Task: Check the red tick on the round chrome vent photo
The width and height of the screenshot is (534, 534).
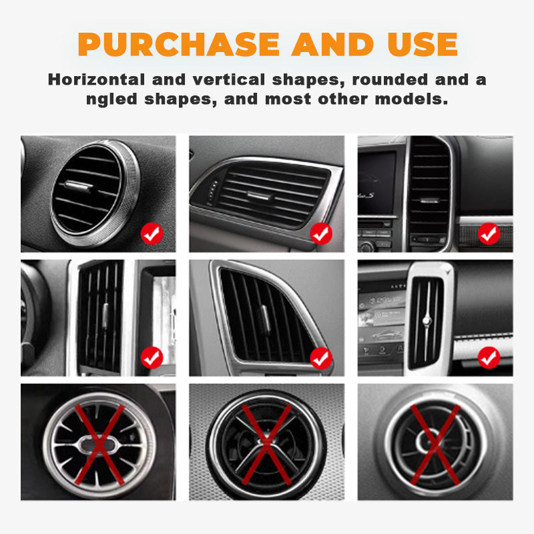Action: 152,234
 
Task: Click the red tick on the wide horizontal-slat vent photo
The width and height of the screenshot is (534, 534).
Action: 322,234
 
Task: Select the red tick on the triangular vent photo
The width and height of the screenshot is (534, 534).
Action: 322,358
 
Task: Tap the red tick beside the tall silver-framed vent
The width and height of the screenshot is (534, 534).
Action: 489,358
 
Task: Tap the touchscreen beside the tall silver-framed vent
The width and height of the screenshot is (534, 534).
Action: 382,320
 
